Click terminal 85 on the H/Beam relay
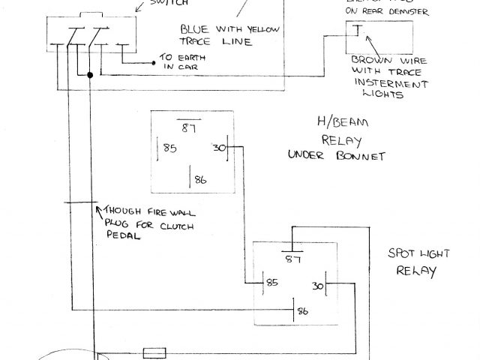tap(169, 148)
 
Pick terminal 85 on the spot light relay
tap(271, 284)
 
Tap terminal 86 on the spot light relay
tap(301, 310)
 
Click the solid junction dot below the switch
tap(90, 75)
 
